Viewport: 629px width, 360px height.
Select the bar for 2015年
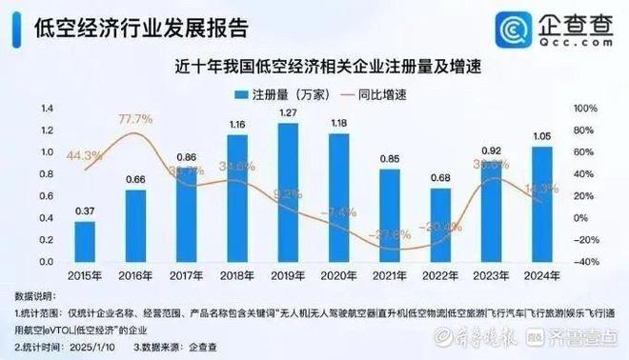(85, 242)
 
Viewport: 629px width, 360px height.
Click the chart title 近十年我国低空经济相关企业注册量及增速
(314, 67)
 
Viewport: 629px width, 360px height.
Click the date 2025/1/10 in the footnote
(98, 349)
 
